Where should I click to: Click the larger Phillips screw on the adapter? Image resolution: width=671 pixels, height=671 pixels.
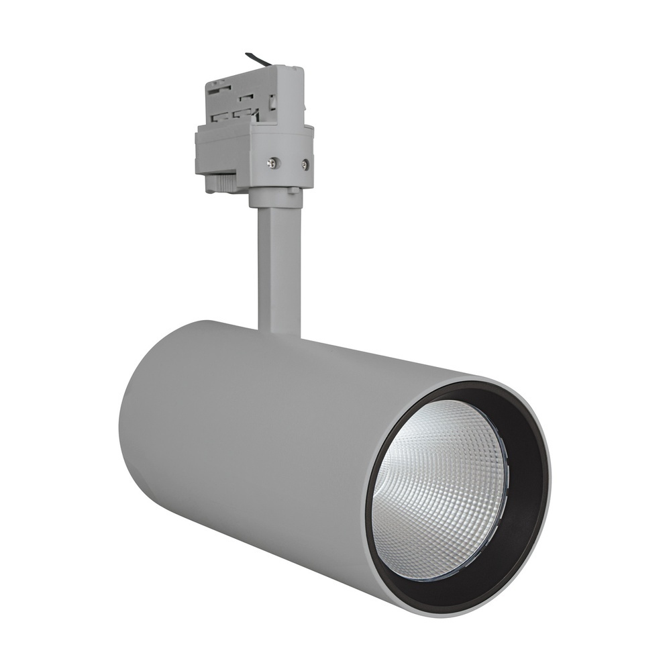[273, 162]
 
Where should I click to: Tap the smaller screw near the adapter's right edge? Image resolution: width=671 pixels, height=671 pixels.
[305, 162]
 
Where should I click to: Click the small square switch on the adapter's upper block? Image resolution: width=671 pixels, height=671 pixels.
[274, 102]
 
